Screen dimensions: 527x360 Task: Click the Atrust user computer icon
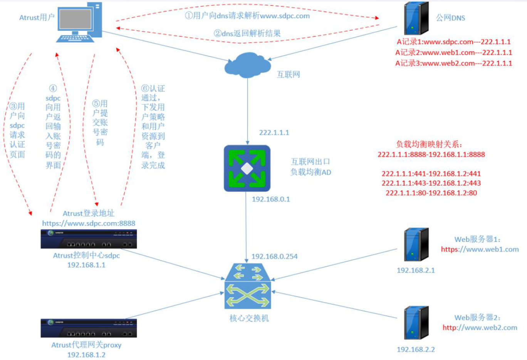(79, 22)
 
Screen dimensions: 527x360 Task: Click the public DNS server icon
(416, 18)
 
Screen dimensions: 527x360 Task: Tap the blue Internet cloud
(248, 65)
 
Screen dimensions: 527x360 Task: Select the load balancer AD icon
(247, 168)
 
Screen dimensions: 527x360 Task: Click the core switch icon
(248, 286)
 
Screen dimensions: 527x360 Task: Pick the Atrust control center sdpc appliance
(89, 239)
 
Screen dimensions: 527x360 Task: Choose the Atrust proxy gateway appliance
(89, 328)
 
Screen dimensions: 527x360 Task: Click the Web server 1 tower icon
(416, 244)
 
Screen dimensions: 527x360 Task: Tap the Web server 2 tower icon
(416, 323)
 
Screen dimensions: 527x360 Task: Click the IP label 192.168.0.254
(275, 256)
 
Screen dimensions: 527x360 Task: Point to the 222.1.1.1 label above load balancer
(274, 132)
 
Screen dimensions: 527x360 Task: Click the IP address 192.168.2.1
(416, 270)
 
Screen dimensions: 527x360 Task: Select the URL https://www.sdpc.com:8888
(89, 223)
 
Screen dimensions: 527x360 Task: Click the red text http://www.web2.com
(480, 328)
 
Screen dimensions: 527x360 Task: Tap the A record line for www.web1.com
(453, 52)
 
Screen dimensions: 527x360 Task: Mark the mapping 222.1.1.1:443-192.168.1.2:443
(431, 183)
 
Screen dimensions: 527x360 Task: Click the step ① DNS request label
(247, 16)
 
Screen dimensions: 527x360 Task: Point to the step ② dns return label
(247, 33)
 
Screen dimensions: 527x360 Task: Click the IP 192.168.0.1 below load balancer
(271, 199)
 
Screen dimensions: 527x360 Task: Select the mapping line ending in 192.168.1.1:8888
(431, 154)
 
